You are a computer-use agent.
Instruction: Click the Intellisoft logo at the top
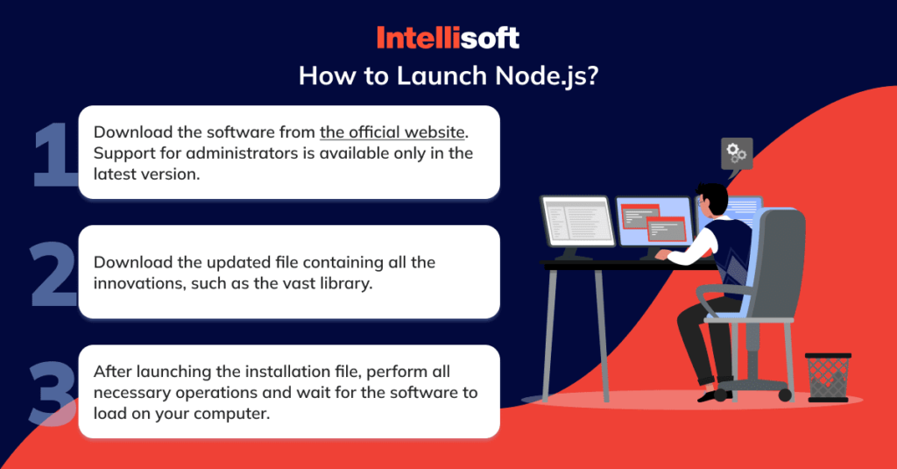(448, 38)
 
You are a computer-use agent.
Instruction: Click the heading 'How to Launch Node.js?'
(448, 75)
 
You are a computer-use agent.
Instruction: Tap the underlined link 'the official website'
(392, 132)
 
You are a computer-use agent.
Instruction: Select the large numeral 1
(55, 154)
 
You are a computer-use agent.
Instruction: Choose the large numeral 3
(53, 393)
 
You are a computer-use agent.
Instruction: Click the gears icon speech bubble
(737, 154)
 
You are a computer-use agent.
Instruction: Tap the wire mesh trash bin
(828, 377)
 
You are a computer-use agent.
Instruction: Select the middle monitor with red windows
(653, 223)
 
